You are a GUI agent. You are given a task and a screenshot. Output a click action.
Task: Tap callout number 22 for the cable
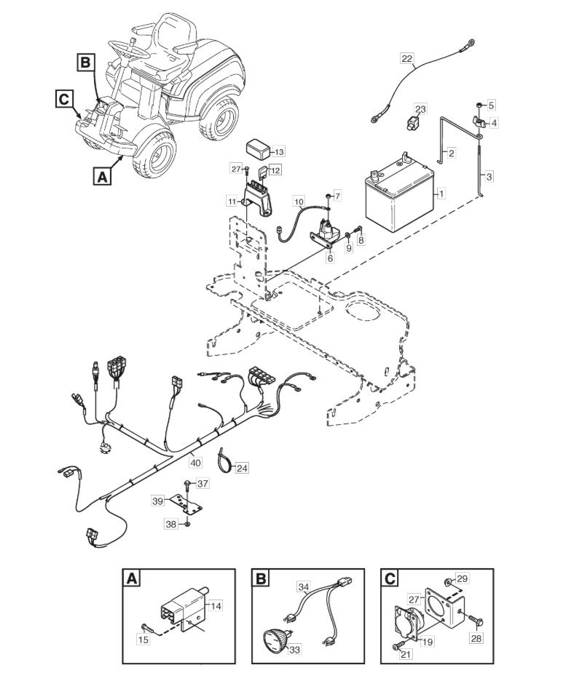pos(407,58)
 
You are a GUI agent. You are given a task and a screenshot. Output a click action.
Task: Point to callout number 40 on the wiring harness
pos(195,463)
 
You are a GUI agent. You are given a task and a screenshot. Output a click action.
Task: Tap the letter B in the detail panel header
pos(261,578)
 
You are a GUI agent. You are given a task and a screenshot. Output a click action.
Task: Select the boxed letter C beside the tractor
pos(64,99)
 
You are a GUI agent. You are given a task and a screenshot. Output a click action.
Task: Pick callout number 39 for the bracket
pos(158,501)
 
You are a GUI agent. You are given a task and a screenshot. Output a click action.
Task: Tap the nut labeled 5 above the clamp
pos(477,105)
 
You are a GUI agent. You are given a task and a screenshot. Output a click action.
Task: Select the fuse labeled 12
pos(264,171)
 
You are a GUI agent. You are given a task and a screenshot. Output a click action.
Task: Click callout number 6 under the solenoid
pos(330,258)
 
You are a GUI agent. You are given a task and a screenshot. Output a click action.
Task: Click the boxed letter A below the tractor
pos(102,177)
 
